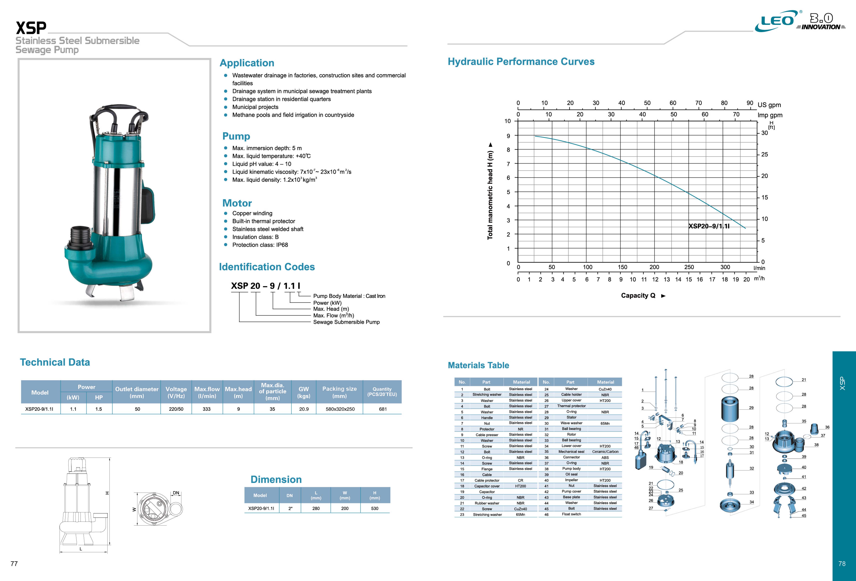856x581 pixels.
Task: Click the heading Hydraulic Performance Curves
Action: click(521, 62)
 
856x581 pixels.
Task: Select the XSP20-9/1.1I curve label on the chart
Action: click(709, 226)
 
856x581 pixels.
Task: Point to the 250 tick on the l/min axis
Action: click(689, 267)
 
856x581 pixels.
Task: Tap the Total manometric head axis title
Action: click(490, 192)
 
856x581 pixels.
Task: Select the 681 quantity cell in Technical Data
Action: click(383, 409)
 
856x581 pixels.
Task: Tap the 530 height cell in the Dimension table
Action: click(375, 508)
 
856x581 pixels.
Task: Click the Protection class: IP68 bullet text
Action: click(260, 245)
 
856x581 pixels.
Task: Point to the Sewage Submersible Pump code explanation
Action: click(346, 322)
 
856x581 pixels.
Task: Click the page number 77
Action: click(14, 564)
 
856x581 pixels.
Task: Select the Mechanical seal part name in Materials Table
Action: click(571, 452)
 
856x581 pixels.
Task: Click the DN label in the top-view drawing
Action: click(176, 493)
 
